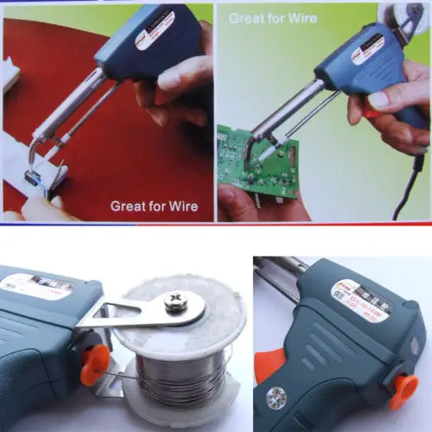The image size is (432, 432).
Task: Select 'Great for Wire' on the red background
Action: tap(154, 206)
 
